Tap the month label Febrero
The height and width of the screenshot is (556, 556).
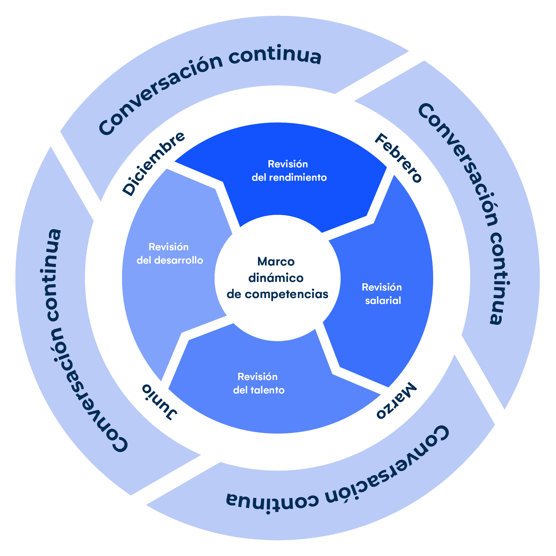398,158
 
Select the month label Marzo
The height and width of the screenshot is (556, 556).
396,401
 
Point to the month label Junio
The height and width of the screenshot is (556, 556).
160,402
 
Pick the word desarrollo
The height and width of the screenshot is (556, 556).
179,260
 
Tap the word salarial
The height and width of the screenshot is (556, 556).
383,301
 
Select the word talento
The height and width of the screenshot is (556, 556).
268,390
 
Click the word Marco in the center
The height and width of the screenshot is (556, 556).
276,262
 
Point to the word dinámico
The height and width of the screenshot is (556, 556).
276,278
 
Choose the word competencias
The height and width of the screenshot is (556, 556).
287,294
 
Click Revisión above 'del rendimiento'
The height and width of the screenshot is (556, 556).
288,164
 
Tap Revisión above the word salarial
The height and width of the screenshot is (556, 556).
382,287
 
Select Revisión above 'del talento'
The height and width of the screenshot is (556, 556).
258,377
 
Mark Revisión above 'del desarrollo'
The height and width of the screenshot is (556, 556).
169,247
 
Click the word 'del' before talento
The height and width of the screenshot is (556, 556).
240,390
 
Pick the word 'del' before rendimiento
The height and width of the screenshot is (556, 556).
259,178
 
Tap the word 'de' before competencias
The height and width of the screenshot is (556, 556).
234,294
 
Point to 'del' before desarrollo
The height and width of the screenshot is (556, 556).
144,260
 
